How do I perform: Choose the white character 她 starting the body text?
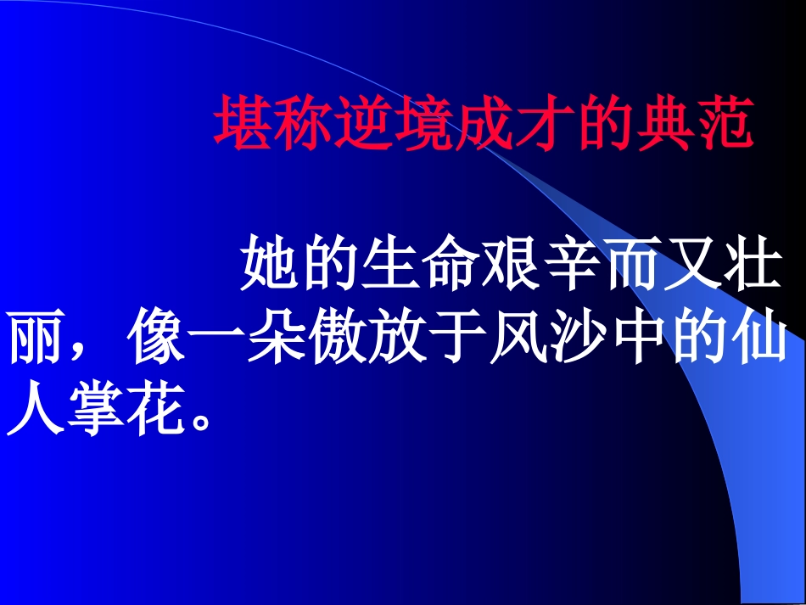point(271,264)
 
